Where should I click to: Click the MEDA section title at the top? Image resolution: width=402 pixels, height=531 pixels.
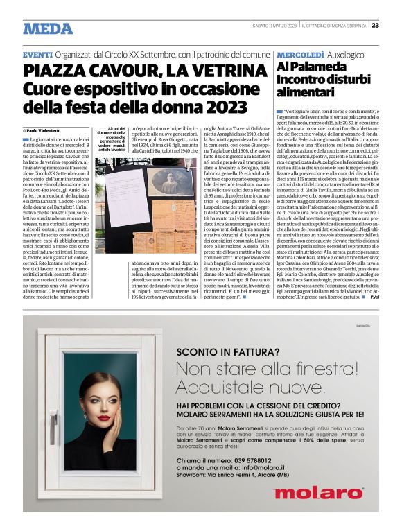click(48, 28)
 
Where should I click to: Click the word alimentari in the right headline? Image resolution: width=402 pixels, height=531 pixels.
click(305, 92)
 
